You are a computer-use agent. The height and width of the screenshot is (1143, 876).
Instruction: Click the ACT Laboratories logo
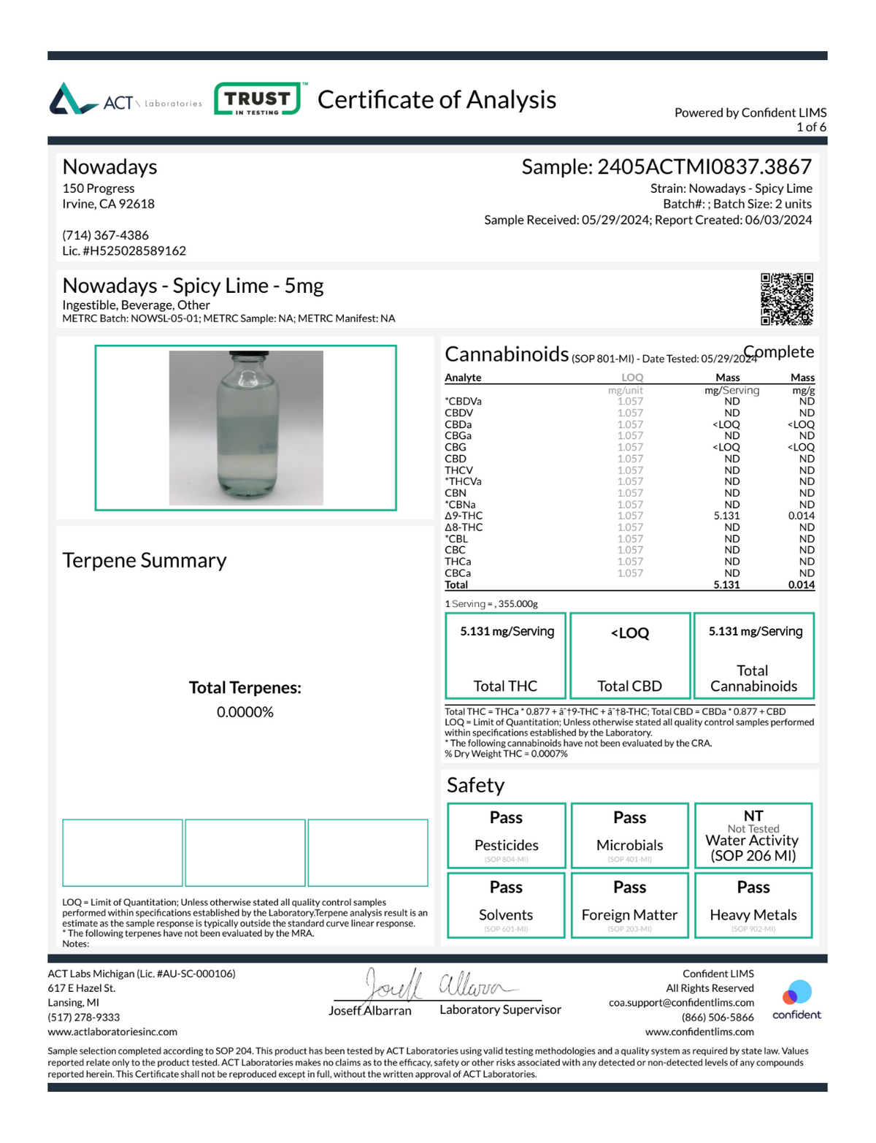pyautogui.click(x=125, y=100)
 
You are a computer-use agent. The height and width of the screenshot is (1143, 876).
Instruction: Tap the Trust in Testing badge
pyautogui.click(x=257, y=99)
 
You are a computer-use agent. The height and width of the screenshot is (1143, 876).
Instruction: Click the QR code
pyautogui.click(x=786, y=299)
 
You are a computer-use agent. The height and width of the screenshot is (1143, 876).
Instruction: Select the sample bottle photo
pyautogui.click(x=246, y=428)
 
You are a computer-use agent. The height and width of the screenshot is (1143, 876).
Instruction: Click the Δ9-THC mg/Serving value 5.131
pyautogui.click(x=726, y=516)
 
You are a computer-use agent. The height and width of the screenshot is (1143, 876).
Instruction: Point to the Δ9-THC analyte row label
pyautogui.click(x=464, y=516)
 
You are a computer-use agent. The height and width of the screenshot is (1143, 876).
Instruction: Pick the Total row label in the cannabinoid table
pyautogui.click(x=456, y=585)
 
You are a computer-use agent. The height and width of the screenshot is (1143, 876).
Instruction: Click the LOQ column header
pyautogui.click(x=632, y=378)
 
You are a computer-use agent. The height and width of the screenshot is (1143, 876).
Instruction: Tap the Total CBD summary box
pyautogui.click(x=629, y=655)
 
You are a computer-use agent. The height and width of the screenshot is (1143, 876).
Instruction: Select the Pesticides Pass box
pyautogui.click(x=506, y=836)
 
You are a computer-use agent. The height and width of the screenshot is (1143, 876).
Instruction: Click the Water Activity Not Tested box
pyautogui.click(x=753, y=836)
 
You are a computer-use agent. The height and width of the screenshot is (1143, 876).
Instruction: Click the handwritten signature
pyautogui.click(x=438, y=985)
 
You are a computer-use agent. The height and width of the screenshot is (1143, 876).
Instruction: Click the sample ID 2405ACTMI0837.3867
pyautogui.click(x=704, y=167)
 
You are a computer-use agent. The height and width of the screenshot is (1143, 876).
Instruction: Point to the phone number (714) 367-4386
pyautogui.click(x=105, y=235)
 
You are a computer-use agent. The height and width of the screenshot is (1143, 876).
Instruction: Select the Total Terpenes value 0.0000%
pyautogui.click(x=245, y=712)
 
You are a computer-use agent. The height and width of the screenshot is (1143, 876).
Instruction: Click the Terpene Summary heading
pyautogui.click(x=145, y=560)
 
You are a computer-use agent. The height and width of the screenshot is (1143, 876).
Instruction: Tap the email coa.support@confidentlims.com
pyautogui.click(x=681, y=1003)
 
